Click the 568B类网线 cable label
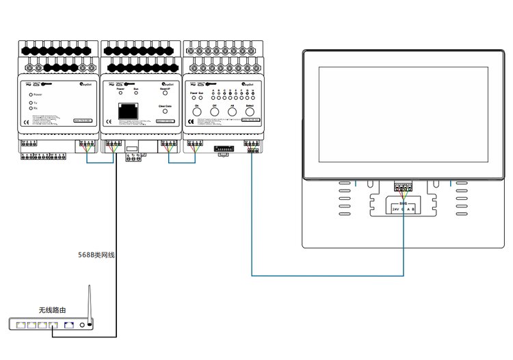96,255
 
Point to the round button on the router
83,325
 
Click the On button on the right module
196,112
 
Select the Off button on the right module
214,112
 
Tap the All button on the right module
232,112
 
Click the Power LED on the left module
31,94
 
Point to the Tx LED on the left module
31,103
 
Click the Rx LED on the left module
31,108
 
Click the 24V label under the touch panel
396,209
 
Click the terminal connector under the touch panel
404,186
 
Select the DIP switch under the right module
224,147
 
